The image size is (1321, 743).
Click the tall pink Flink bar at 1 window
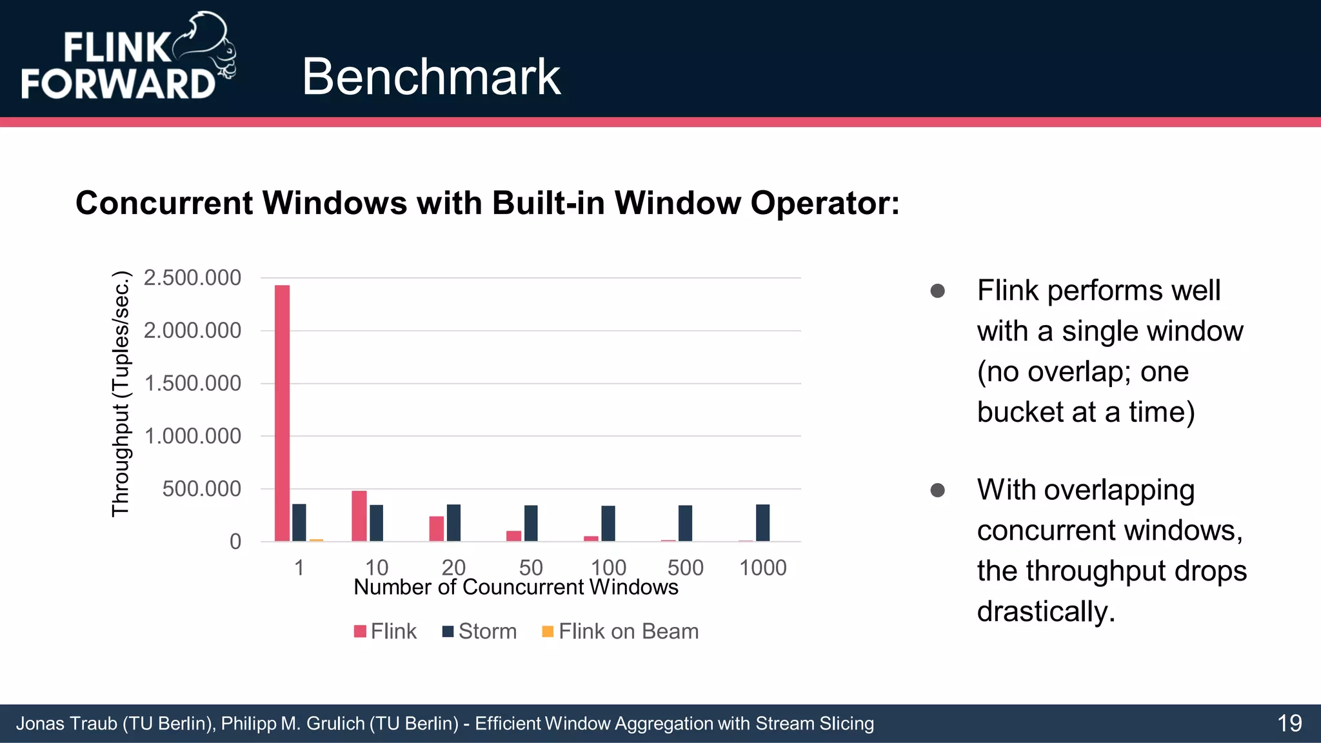pos(282,413)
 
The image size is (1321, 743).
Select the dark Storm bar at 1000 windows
pos(762,522)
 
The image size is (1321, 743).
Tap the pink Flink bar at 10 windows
pos(359,516)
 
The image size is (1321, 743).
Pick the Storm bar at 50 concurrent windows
pos(531,523)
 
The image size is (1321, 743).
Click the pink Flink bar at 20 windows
pos(437,528)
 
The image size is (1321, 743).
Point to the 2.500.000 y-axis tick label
pos(192,278)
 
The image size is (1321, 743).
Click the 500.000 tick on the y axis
pos(201,489)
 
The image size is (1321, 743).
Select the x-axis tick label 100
pos(608,568)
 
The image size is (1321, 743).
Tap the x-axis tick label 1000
pos(762,568)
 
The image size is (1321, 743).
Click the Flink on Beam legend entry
pos(621,631)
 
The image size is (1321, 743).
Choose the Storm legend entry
pos(479,631)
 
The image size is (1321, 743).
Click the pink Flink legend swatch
pos(360,631)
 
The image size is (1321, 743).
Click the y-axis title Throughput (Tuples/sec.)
pos(121,393)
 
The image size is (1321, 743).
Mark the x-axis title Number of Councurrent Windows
pos(516,588)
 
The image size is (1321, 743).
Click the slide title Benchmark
pos(431,77)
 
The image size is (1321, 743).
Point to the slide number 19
pos(1289,723)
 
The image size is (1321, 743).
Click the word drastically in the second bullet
pos(1046,611)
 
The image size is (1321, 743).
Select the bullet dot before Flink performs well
pos(938,291)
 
